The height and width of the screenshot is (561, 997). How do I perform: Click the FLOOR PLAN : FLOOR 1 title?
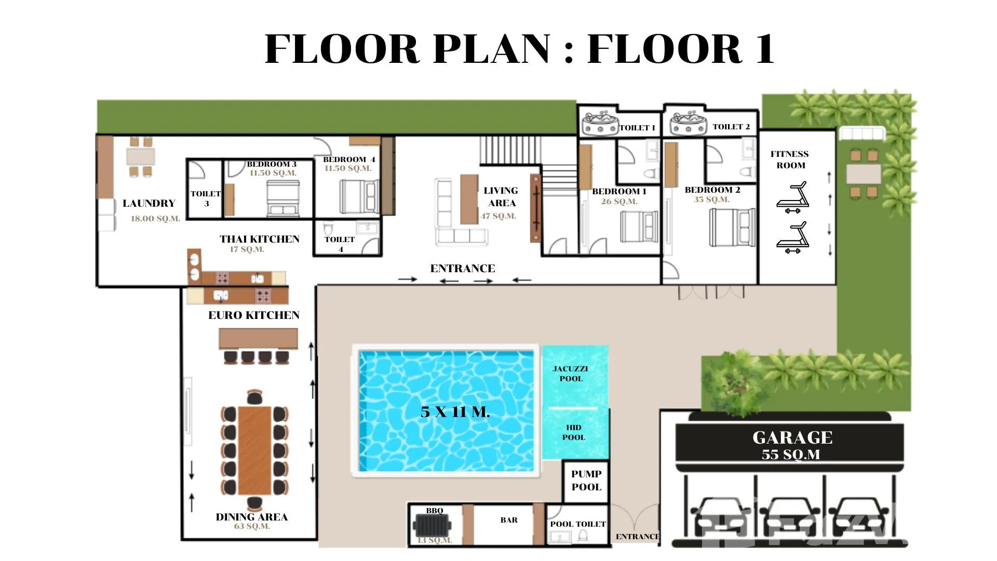520,48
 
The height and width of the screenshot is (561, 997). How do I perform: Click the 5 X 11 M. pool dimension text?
455,412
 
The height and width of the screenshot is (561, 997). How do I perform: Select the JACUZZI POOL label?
570,373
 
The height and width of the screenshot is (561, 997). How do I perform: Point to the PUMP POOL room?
586,481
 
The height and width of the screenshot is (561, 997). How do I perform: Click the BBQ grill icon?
432,525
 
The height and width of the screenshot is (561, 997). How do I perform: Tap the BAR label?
509,520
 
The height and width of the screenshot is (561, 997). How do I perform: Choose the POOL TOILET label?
578,524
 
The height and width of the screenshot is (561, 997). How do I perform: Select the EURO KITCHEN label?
254,315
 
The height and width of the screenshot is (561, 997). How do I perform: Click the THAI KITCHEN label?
260,239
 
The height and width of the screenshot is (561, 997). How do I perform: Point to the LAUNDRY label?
149,203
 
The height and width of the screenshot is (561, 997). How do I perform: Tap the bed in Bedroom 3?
283,198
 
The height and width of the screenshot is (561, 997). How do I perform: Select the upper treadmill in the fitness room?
792,197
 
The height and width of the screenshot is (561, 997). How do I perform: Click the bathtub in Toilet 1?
600,123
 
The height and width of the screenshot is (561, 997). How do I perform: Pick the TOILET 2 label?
731,127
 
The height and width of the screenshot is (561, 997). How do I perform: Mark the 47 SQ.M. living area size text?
498,216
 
